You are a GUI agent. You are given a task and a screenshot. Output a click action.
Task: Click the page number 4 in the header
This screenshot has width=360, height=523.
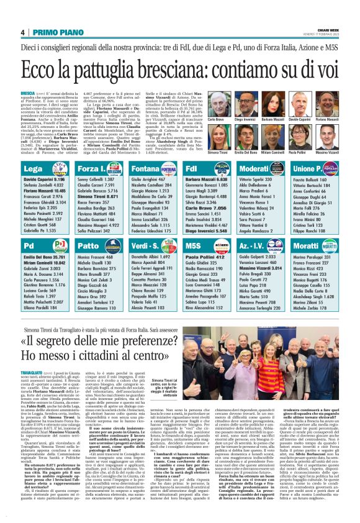coord(22,32)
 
